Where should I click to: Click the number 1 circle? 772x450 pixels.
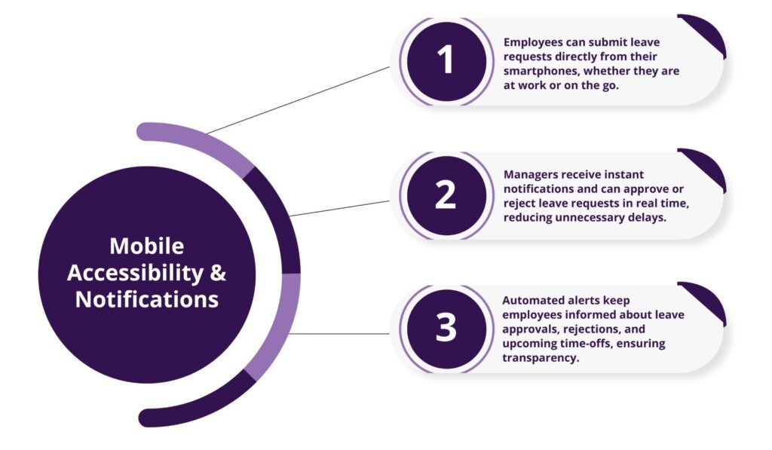[x=446, y=61]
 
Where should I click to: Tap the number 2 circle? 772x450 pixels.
[x=446, y=195]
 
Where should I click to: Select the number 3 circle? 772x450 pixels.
[x=446, y=329]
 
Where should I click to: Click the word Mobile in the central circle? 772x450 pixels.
[x=146, y=246]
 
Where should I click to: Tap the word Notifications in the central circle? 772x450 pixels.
[x=147, y=299]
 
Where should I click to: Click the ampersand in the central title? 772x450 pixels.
[x=217, y=273]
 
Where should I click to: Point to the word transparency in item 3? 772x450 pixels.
[x=541, y=358]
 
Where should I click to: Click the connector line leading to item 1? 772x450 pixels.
[x=302, y=99]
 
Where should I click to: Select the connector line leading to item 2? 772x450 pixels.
[x=339, y=208]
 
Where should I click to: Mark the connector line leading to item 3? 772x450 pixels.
[x=339, y=333]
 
